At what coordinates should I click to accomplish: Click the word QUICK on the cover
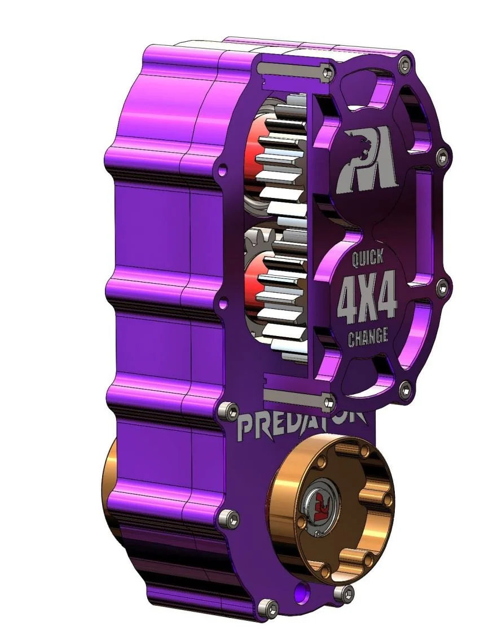(x=368, y=258)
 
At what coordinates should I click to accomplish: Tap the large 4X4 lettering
(x=368, y=298)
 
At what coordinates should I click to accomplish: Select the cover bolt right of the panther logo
(x=442, y=155)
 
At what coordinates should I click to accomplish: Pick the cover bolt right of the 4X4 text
(x=442, y=286)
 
